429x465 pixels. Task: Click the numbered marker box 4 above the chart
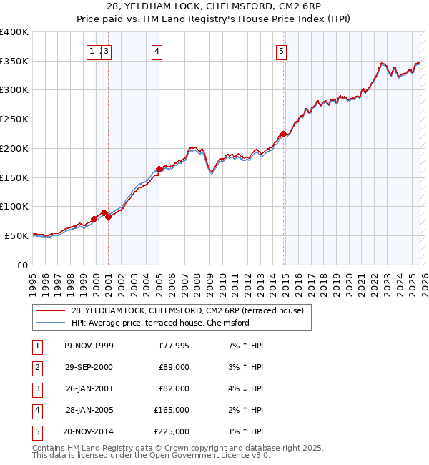coord(156,51)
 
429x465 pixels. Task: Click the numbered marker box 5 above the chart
coord(281,51)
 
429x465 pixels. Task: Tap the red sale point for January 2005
coord(159,169)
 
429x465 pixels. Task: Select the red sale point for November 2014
coord(284,134)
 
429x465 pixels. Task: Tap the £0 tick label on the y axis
coord(21,265)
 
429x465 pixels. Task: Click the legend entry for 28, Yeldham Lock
coord(187,310)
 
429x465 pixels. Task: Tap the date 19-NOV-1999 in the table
coord(88,346)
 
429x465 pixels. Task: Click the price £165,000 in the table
coord(172,410)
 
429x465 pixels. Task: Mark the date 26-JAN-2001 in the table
coord(88,388)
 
